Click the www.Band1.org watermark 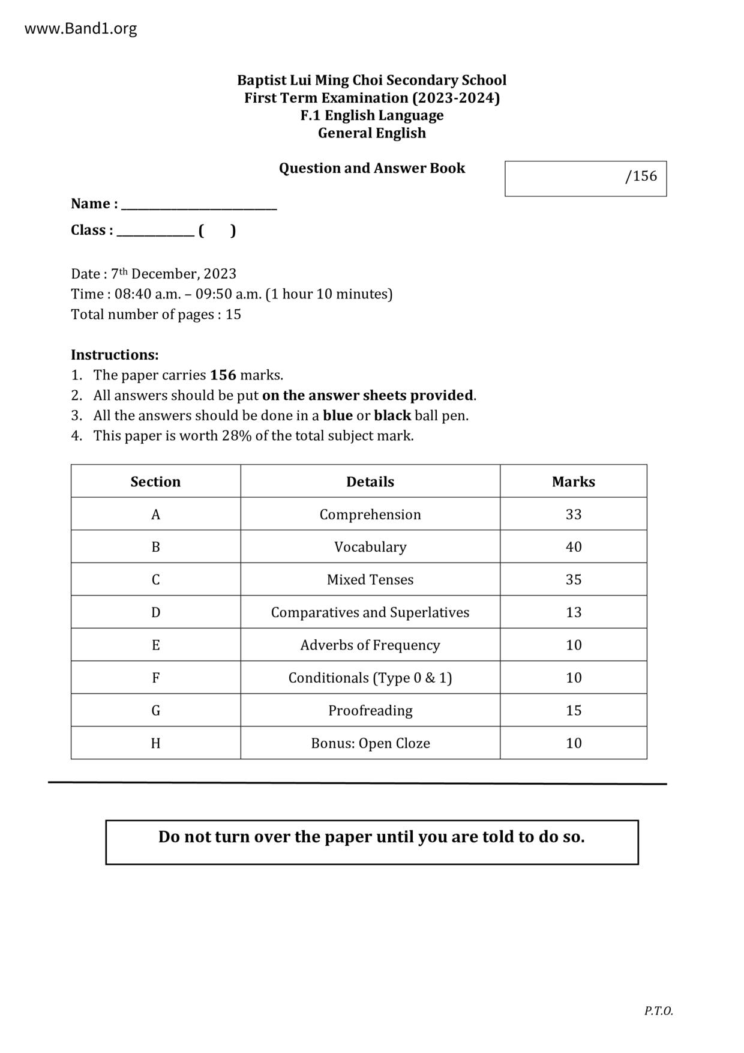point(80,29)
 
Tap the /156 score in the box point(641,176)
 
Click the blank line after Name point(199,205)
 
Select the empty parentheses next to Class point(217,231)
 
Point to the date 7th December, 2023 point(173,274)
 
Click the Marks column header point(573,481)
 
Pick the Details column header point(370,481)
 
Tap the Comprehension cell point(370,514)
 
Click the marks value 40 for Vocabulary point(573,547)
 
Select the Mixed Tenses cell point(370,580)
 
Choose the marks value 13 point(573,612)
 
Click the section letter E point(155,645)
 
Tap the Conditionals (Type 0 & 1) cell point(370,678)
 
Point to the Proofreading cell point(370,711)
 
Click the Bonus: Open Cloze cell point(370,743)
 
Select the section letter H point(155,743)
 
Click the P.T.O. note point(658,1011)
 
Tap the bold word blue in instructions point(337,415)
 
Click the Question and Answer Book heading point(371,168)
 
